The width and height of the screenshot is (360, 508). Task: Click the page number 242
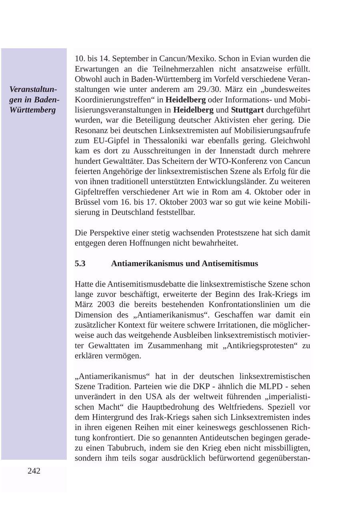[x=34, y=471]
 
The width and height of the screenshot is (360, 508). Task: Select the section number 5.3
[x=80, y=263]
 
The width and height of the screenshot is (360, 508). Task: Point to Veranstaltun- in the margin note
[x=34, y=89]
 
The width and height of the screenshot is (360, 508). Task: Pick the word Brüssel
[x=87, y=202]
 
